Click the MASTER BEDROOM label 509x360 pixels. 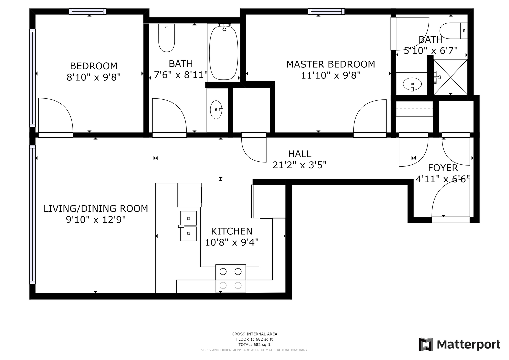(x=330, y=64)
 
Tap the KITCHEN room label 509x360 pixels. (x=232, y=231)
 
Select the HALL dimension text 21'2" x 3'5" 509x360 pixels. (x=299, y=165)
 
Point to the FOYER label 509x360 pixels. (x=443, y=168)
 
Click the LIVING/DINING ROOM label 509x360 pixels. (x=96, y=209)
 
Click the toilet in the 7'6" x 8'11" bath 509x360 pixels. (x=167, y=38)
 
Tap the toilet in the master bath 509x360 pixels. (x=454, y=31)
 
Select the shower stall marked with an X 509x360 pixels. (x=450, y=77)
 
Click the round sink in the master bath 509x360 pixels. (x=412, y=84)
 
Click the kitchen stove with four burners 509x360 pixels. (x=231, y=278)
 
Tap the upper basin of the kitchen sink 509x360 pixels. (x=188, y=218)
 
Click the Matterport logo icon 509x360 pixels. (x=426, y=344)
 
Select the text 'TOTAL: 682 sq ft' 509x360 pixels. (x=254, y=345)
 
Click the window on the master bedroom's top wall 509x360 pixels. (x=326, y=11)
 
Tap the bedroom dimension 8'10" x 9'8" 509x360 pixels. (x=93, y=77)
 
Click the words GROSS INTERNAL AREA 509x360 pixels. (x=254, y=334)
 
